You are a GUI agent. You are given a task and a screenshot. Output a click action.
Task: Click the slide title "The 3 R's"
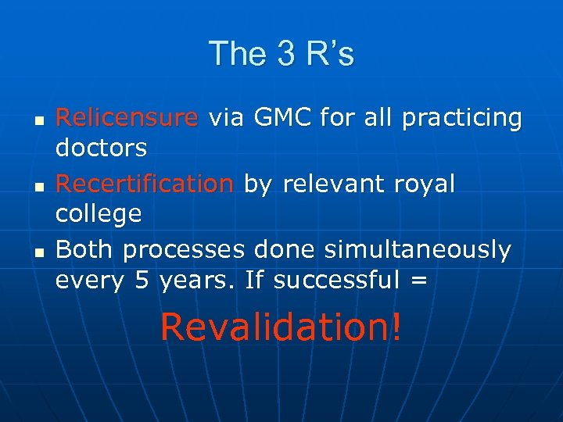click(x=281, y=54)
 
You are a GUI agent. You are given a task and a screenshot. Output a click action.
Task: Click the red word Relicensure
click(x=127, y=118)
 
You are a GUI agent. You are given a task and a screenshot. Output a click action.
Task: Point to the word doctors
click(x=101, y=147)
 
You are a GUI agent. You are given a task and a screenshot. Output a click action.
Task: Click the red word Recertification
click(x=145, y=184)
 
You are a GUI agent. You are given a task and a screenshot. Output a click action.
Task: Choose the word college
click(x=99, y=213)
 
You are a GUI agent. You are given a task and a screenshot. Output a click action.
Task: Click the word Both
click(x=86, y=250)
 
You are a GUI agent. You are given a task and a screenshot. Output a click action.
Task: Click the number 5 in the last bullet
click(x=142, y=280)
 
